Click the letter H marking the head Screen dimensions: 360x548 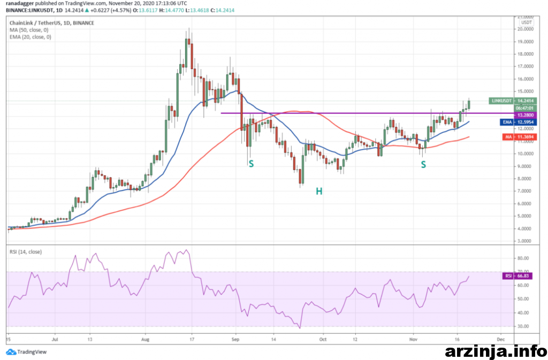click(318, 190)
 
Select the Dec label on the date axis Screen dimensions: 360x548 click(500, 339)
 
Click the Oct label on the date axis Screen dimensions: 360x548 click(323, 339)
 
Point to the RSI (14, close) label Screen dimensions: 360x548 click(26, 252)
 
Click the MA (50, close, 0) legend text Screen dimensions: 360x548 click(29, 30)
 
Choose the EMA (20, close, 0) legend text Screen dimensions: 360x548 click(31, 37)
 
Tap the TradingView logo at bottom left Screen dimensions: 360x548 click(26, 351)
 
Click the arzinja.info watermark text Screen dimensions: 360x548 click(495, 350)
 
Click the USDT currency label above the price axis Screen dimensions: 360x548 click(527, 22)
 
